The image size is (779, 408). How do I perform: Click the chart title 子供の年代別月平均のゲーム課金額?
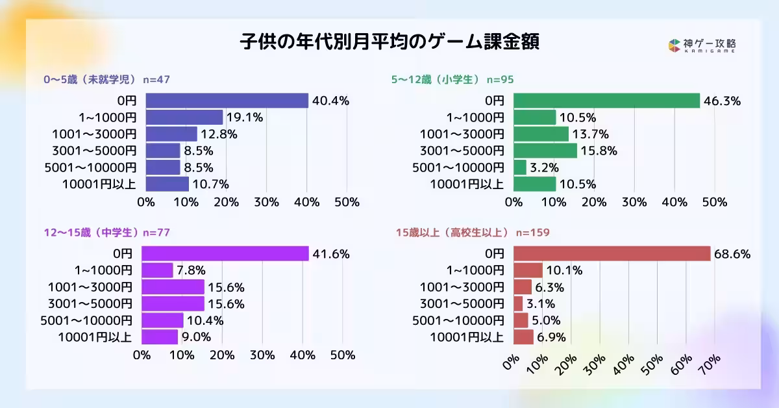(x=389, y=42)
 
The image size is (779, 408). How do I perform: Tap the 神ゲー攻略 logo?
(x=702, y=45)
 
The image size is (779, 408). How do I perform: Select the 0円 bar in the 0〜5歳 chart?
(x=227, y=101)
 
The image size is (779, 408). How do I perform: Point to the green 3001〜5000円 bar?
(x=545, y=151)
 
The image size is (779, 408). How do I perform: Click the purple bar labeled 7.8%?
(x=157, y=270)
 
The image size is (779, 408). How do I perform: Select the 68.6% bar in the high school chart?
(x=612, y=253)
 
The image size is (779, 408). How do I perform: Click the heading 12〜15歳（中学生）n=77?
(x=106, y=232)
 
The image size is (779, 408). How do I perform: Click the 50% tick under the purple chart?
(x=342, y=355)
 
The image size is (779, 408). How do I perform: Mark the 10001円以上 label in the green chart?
(x=467, y=184)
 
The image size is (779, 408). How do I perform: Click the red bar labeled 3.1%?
(x=518, y=303)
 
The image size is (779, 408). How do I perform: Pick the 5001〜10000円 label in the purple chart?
(x=86, y=320)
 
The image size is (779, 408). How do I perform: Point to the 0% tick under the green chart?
(x=513, y=202)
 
